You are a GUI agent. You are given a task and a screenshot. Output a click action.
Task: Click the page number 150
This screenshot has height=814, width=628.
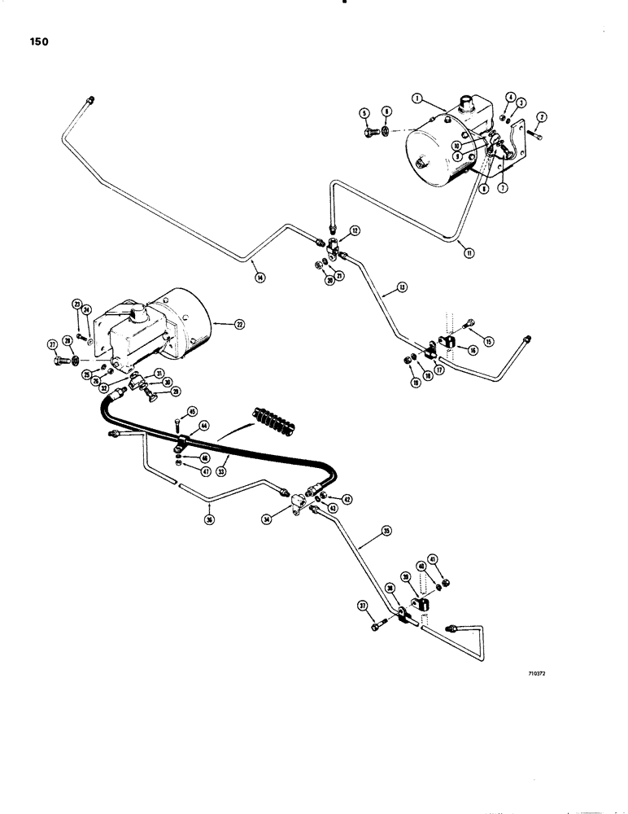36,42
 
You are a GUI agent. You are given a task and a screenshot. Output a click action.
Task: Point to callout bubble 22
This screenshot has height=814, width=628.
240,324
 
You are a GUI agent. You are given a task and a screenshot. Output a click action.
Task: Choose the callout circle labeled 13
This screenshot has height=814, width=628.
401,287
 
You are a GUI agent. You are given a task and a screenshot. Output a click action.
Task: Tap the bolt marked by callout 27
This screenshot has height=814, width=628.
59,359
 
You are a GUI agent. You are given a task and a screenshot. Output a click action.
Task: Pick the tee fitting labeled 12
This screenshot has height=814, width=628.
332,243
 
